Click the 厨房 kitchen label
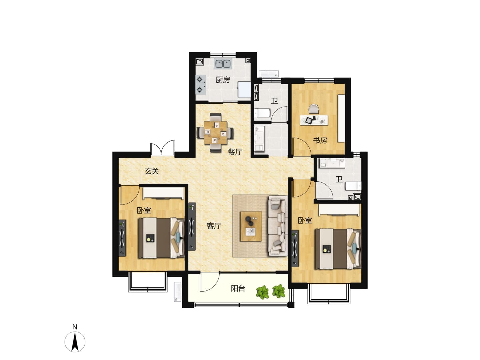click(x=223, y=80)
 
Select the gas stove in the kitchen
click(x=201, y=84)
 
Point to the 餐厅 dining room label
click(x=235, y=152)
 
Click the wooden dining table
click(x=215, y=132)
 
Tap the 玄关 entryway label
click(x=152, y=171)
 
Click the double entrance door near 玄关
click(x=162, y=148)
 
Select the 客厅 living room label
click(x=214, y=226)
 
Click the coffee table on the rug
click(x=251, y=226)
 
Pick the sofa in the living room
click(x=278, y=226)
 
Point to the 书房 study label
click(x=320, y=140)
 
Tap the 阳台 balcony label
click(x=238, y=289)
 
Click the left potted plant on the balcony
click(x=262, y=292)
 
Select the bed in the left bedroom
click(x=161, y=238)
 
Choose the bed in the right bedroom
click(x=337, y=249)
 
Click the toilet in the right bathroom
click(x=353, y=186)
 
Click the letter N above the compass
click(x=75, y=327)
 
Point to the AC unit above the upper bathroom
click(x=269, y=73)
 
